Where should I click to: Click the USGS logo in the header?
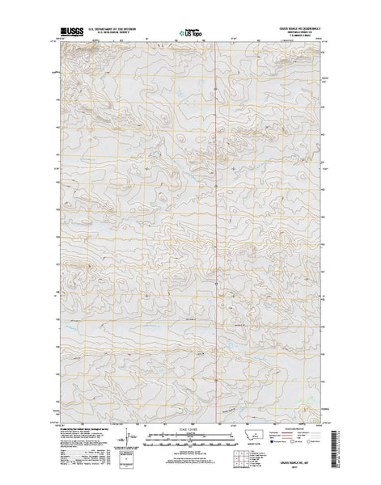(x=68, y=33)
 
